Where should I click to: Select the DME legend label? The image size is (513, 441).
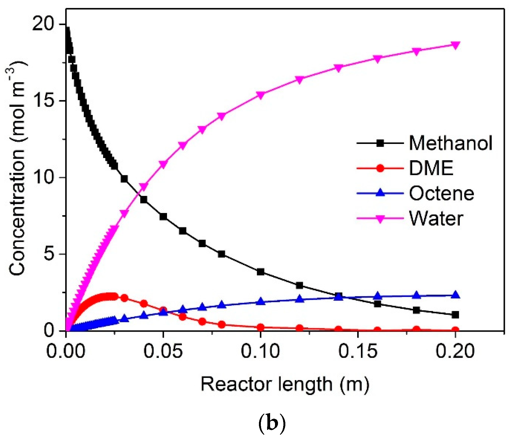point(431,168)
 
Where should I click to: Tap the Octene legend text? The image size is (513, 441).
point(441,193)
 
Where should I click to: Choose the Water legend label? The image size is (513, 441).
point(436,218)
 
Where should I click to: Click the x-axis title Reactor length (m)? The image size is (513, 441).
point(285,384)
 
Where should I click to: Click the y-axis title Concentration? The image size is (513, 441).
point(17,169)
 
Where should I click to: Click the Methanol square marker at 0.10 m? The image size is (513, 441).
point(261,272)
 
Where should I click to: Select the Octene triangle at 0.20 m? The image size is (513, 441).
point(455,295)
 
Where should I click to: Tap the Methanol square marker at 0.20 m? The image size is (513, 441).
point(455,315)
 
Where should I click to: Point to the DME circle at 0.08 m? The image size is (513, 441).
point(222,324)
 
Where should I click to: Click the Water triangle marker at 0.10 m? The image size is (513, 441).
point(261,95)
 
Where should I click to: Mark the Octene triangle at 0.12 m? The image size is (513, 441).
point(299,299)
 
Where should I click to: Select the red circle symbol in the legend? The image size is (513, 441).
point(380,168)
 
